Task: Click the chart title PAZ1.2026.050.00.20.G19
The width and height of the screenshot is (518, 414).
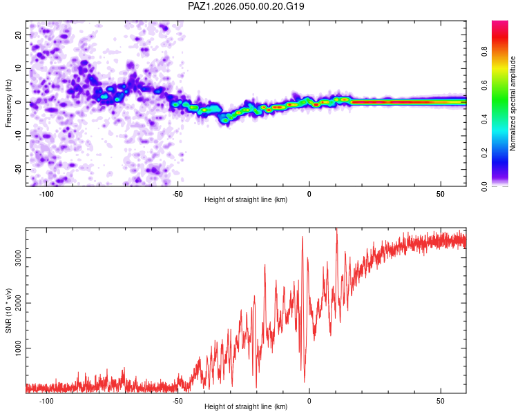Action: (246, 6)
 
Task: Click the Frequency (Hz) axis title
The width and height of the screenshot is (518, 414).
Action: (8, 103)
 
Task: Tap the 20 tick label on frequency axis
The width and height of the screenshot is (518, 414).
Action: (19, 35)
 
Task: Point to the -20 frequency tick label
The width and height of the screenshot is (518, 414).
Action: (19, 168)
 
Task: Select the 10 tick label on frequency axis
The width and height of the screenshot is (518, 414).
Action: (19, 68)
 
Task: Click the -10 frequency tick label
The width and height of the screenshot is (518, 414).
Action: (19, 135)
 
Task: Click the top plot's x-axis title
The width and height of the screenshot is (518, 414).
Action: (246, 199)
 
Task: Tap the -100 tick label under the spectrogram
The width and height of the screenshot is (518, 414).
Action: (46, 194)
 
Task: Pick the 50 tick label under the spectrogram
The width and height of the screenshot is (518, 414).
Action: (441, 194)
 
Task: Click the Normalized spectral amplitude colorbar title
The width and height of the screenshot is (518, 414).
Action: (512, 103)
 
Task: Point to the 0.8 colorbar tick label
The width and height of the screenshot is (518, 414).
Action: (484, 51)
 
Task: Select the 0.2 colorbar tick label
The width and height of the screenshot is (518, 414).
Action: (484, 153)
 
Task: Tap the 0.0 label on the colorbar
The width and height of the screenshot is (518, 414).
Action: (484, 186)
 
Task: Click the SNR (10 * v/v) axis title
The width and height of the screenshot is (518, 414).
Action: (8, 310)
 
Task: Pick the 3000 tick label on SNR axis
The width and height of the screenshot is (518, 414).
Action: (19, 257)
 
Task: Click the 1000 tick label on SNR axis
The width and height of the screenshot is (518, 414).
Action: (19, 348)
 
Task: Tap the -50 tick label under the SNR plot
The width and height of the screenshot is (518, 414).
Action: (178, 401)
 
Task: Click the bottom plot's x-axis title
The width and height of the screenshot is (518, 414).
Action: (246, 406)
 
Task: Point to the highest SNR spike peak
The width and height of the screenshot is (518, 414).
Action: (336, 228)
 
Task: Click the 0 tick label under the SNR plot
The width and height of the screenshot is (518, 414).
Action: (309, 401)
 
